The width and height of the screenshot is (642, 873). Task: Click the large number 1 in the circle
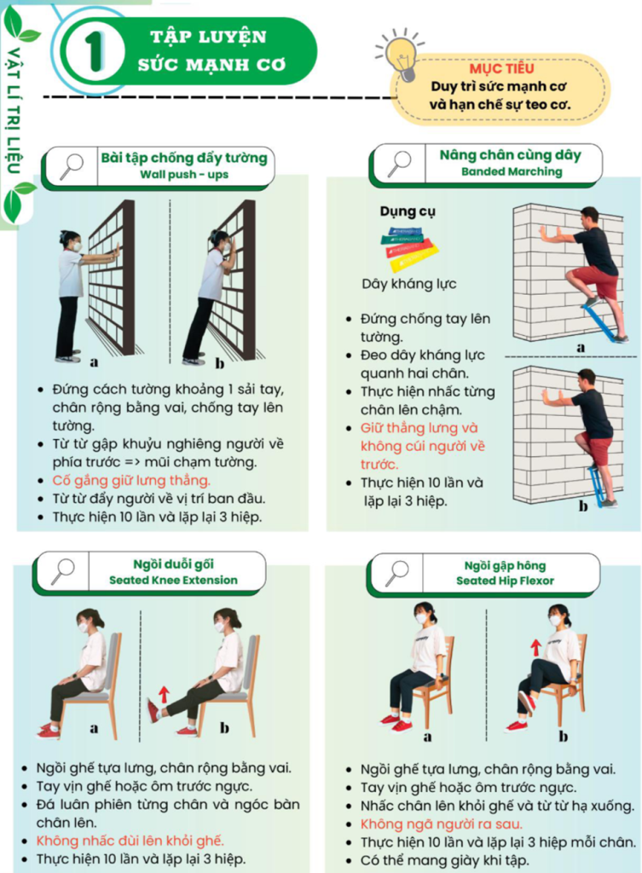coord(94,50)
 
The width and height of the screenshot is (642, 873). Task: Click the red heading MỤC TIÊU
coord(501,68)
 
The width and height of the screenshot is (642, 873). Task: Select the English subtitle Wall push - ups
coord(184,174)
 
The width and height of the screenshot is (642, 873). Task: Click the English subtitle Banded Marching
coord(512,171)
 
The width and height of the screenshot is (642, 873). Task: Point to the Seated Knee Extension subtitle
coord(173,580)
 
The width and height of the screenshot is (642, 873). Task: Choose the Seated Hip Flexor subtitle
coord(505,581)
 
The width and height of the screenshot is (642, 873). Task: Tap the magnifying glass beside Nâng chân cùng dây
coord(399,162)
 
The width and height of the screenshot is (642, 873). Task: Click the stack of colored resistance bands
coord(408,248)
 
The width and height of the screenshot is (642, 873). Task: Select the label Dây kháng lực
coord(408,284)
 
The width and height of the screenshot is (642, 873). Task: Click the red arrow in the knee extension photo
coord(164,694)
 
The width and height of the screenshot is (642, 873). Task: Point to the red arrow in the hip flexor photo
coord(535,648)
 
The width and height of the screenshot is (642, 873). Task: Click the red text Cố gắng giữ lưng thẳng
coord(131,481)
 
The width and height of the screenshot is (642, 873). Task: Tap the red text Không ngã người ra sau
coord(441,824)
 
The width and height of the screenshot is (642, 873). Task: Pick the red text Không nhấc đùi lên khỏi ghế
coord(130,841)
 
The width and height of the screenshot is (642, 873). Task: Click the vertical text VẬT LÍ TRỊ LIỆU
coord(14,111)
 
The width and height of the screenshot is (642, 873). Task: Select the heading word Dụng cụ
coord(408,211)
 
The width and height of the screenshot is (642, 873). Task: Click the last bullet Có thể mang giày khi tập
coord(444,860)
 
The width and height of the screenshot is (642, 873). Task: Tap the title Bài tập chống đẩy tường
coord(184,158)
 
